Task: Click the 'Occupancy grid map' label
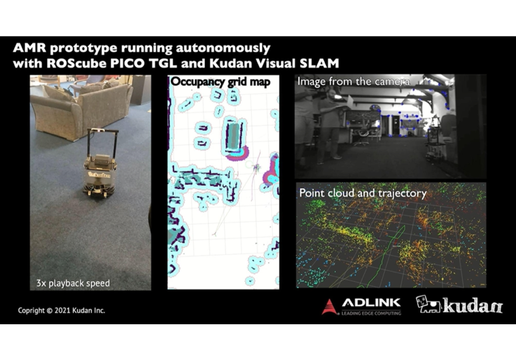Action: click(221, 82)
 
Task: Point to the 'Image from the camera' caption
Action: click(354, 81)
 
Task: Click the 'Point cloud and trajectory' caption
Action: click(363, 193)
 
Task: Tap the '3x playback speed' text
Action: click(73, 282)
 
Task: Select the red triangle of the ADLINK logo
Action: click(330, 307)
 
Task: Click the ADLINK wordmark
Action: click(371, 303)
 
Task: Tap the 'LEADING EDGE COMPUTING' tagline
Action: click(371, 313)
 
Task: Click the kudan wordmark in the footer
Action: click(473, 305)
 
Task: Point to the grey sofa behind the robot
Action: click(81, 108)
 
